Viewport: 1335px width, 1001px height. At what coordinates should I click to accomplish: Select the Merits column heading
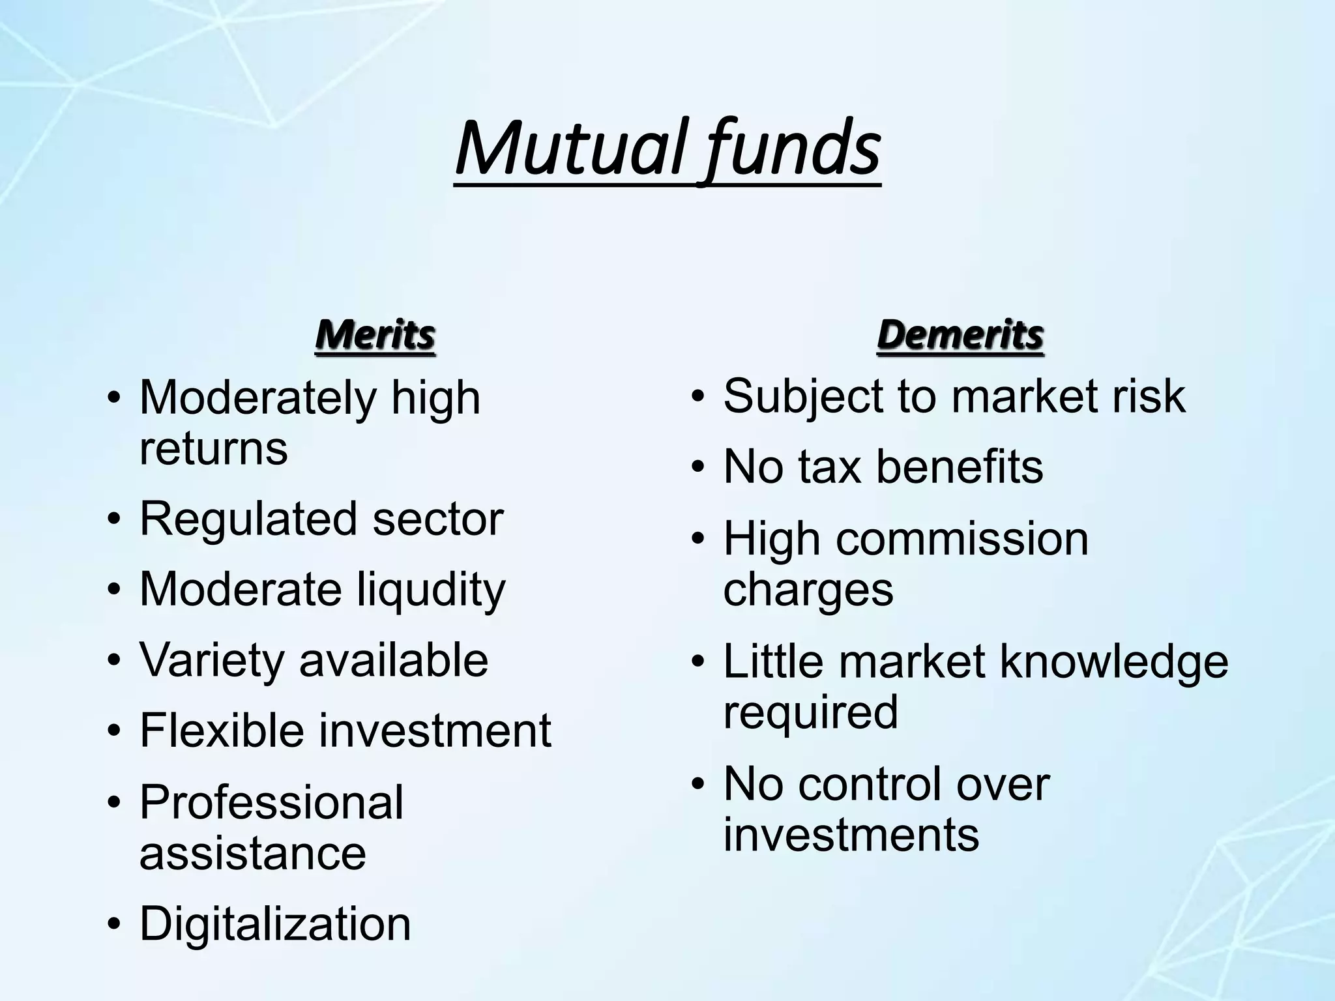(375, 335)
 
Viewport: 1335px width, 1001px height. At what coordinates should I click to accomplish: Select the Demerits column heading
(960, 335)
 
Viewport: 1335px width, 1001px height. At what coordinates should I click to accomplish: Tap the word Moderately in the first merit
(257, 398)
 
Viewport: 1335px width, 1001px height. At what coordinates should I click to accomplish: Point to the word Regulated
(248, 519)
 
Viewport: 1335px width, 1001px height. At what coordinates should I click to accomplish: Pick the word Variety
(212, 660)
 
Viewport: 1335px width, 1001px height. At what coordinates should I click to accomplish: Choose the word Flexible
(222, 730)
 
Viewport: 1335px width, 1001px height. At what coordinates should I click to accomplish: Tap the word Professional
(271, 802)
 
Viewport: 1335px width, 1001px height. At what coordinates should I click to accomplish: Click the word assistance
(252, 853)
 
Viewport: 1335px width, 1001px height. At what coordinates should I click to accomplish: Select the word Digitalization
(275, 924)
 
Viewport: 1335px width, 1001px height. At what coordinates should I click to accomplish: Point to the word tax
(829, 467)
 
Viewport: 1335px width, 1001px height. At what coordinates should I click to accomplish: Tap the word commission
(962, 539)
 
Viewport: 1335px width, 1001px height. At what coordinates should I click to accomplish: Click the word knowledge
(1114, 661)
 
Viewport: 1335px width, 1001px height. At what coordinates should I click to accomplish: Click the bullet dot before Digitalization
(115, 925)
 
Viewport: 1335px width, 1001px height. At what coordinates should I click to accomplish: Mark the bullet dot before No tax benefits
(699, 468)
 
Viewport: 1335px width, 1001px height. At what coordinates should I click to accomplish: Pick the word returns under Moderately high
(213, 449)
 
